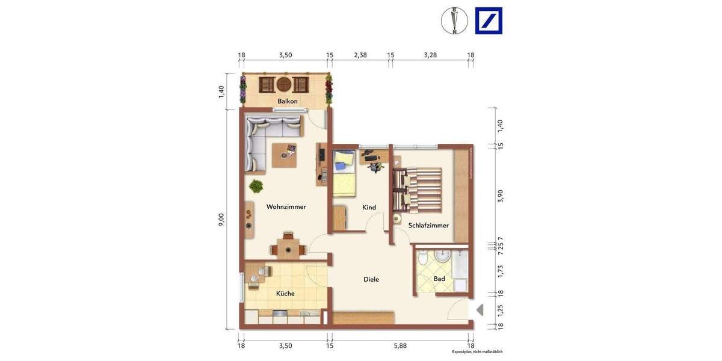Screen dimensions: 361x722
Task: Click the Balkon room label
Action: coord(287,101)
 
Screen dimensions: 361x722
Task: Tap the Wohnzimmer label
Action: coord(286,207)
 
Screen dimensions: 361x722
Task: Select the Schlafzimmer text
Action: coord(428,226)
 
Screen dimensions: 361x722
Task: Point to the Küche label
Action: coord(285,294)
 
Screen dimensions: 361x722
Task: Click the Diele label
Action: coord(371,279)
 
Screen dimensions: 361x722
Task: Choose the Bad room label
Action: coord(439,279)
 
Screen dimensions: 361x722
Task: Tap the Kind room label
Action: coord(369,208)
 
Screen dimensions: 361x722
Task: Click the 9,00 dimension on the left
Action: coord(221,220)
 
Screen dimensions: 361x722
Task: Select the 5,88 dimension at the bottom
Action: coord(400,345)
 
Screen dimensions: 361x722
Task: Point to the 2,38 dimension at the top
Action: coord(360,55)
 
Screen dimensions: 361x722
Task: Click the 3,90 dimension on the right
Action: coord(500,196)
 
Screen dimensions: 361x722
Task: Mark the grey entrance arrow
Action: coord(480,310)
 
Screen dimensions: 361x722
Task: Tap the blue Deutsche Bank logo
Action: coord(488,21)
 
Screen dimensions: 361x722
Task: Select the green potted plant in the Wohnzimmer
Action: coord(256,186)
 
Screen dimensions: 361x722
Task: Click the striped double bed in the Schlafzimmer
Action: coord(418,189)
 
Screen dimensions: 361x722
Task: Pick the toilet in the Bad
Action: coord(424,259)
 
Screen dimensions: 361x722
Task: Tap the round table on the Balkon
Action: coord(284,84)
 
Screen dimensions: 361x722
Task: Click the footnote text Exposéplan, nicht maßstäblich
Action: coord(477,351)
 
